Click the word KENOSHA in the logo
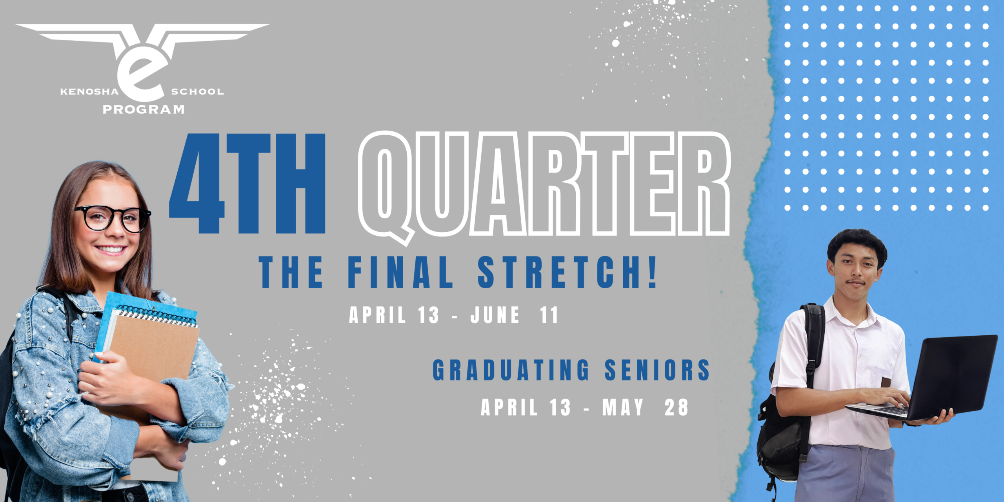(x=89, y=92)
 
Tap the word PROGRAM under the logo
(x=144, y=109)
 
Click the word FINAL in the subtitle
(x=400, y=272)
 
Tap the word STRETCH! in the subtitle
(x=567, y=272)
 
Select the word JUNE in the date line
(x=495, y=315)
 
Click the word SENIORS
(x=657, y=370)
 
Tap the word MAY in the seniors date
(x=623, y=407)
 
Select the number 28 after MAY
(x=676, y=407)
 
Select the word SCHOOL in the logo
(x=197, y=92)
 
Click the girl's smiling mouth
(x=111, y=249)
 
